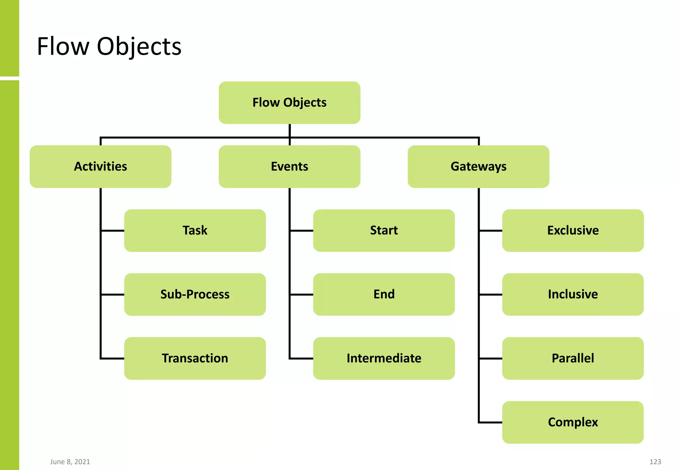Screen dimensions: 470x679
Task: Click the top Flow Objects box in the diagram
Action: tap(289, 103)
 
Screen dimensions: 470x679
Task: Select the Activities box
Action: tap(100, 166)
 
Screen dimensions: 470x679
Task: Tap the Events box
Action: tap(289, 166)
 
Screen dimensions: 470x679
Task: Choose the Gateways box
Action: tap(478, 166)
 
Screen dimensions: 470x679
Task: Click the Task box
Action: tap(195, 230)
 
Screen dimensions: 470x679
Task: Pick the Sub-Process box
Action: tap(195, 294)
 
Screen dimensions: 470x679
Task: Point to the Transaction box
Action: tap(195, 358)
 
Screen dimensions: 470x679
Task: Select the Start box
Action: tap(384, 230)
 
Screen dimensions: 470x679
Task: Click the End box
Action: tap(384, 294)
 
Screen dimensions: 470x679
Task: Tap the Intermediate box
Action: tap(384, 358)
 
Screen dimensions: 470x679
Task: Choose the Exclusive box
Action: tap(573, 230)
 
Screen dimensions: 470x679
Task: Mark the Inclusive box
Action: tap(573, 294)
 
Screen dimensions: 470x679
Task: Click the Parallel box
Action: tap(573, 358)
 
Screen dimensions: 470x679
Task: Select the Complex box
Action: tap(573, 422)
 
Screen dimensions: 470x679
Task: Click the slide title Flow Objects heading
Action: tap(109, 46)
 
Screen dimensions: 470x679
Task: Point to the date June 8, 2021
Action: tap(70, 462)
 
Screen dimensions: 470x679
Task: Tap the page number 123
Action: tap(655, 462)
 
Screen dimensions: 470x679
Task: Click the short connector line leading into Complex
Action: tap(491, 423)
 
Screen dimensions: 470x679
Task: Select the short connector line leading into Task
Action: tap(113, 230)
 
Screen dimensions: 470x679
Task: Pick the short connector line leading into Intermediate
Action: tap(302, 358)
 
